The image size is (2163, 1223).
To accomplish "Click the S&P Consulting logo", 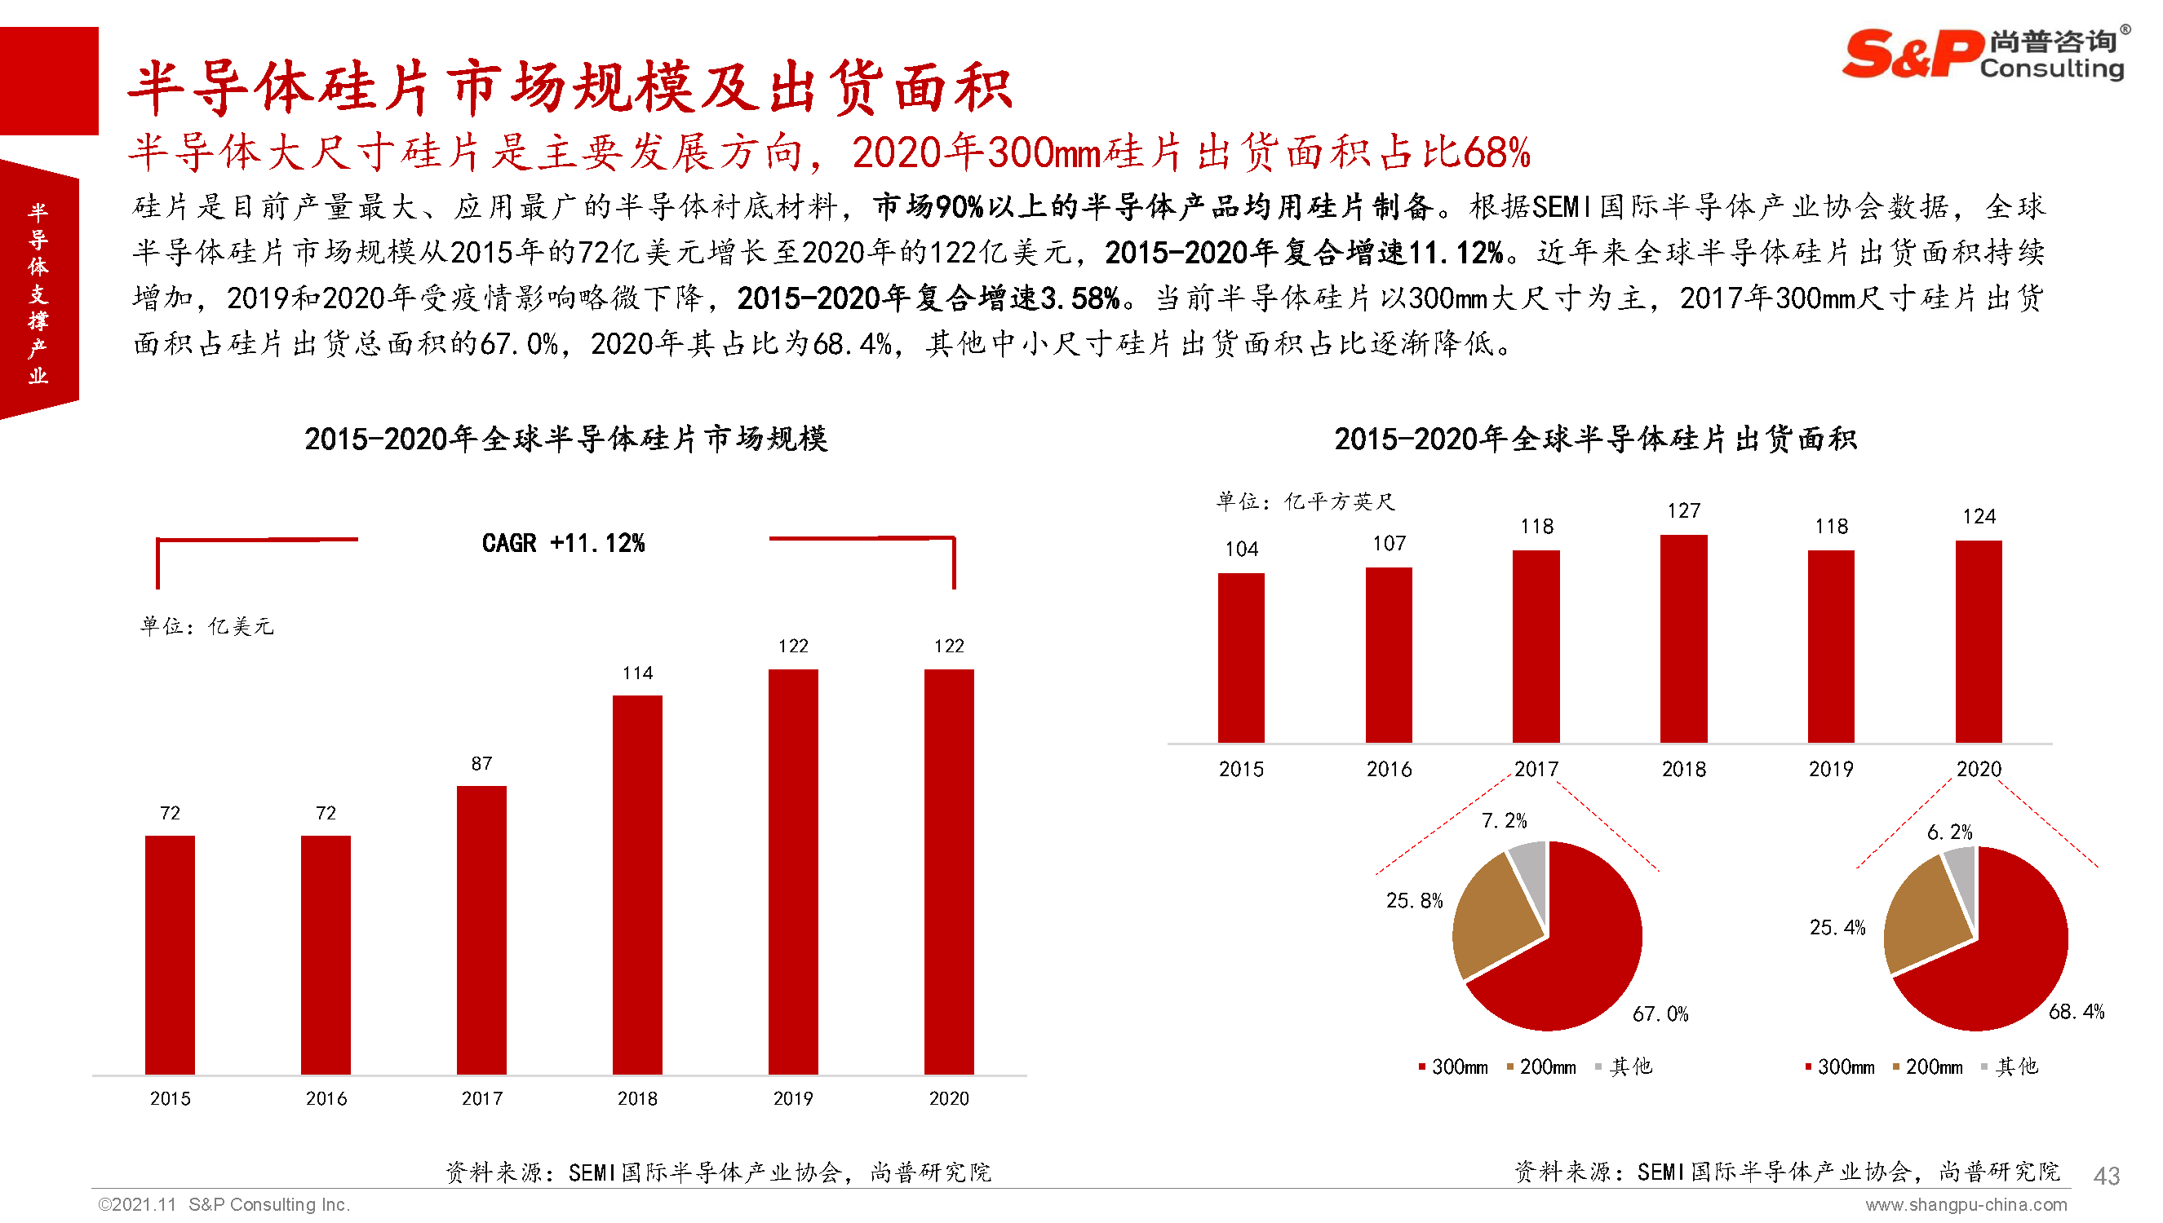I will tap(1984, 54).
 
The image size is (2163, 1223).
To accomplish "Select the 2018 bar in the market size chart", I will tap(637, 884).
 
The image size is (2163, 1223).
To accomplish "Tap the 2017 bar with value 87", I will tap(481, 929).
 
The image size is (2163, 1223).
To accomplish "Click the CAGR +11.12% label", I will tap(563, 544).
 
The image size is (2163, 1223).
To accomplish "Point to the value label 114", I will tap(637, 673).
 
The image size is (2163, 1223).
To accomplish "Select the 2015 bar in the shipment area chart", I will tap(1240, 658).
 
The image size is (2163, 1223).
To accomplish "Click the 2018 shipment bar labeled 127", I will tap(1683, 638).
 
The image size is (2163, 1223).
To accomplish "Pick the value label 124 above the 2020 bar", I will tap(1978, 517).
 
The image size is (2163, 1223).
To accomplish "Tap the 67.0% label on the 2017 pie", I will tap(1660, 1013).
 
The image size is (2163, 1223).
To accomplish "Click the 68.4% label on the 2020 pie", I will tap(2076, 1011).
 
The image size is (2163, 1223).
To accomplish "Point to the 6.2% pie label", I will tap(1948, 832).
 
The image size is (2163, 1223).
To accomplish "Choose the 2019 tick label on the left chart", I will tap(792, 1099).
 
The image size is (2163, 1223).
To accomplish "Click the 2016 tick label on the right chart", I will tap(1388, 770).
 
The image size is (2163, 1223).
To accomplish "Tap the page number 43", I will tap(2106, 1176).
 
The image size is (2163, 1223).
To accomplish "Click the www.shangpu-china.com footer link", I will tap(1966, 1205).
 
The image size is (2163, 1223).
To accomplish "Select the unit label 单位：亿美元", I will tap(206, 627).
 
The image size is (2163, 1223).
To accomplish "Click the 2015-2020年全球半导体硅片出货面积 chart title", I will tap(1595, 439).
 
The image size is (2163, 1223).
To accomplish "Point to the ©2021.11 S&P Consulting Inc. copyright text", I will tap(224, 1204).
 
